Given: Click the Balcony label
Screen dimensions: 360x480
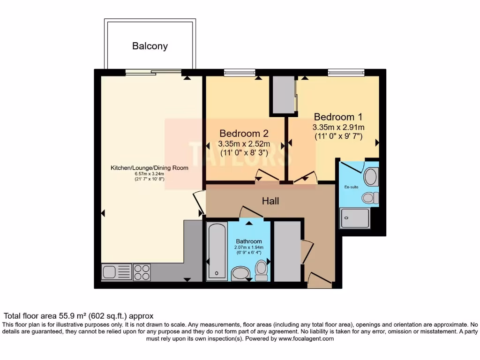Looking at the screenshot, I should (x=150, y=46).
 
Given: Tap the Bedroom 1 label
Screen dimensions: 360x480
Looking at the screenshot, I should (x=338, y=117).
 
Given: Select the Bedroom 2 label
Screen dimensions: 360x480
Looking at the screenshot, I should (x=243, y=133).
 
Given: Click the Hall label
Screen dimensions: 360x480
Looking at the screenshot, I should (x=270, y=201).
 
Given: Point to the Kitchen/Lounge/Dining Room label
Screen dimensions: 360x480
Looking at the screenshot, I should (x=149, y=168).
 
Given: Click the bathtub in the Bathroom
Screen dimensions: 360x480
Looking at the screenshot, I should (x=217, y=251).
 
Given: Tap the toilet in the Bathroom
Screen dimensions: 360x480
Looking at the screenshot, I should (x=261, y=270).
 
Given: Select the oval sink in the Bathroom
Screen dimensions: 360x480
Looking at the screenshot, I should (x=241, y=273).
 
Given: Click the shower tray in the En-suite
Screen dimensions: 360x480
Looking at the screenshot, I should (x=355, y=217).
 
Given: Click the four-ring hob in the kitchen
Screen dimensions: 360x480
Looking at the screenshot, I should (x=142, y=272).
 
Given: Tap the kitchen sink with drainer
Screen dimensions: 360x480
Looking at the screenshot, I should (x=117, y=272).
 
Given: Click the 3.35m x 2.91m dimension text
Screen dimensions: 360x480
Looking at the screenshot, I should (x=338, y=127).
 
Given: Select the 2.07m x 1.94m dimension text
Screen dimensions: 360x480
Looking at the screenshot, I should (x=249, y=247).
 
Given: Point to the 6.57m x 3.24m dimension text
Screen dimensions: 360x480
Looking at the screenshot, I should (x=149, y=173).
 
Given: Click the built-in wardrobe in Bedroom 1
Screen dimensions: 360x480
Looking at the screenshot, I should (x=283, y=95).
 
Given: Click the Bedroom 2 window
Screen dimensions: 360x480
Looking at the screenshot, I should (x=240, y=72).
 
